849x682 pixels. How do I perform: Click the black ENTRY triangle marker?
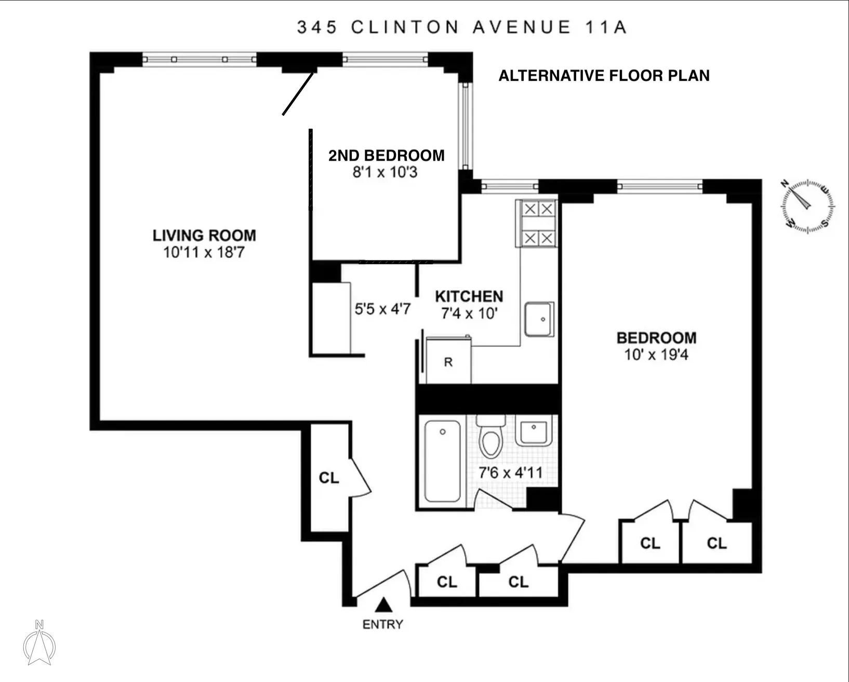tap(383, 605)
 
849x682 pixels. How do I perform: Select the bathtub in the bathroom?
tap(443, 462)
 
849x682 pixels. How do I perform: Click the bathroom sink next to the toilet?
tap(533, 431)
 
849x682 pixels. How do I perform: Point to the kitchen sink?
tap(539, 319)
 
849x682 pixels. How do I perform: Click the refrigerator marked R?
tap(448, 362)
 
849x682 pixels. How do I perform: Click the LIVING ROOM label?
tap(204, 235)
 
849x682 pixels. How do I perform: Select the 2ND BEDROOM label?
tap(386, 155)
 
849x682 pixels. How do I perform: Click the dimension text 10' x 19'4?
tap(656, 355)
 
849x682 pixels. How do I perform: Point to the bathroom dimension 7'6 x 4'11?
tap(510, 473)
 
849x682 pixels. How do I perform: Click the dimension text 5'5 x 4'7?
tap(382, 309)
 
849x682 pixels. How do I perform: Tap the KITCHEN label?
tap(469, 296)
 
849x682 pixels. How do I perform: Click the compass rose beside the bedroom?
tap(807, 206)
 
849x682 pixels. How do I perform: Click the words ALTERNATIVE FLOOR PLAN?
tap(604, 76)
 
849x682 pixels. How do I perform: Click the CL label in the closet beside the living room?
tap(328, 478)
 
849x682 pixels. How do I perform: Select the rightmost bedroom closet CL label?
tap(717, 543)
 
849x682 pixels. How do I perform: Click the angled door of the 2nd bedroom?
tap(298, 94)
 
